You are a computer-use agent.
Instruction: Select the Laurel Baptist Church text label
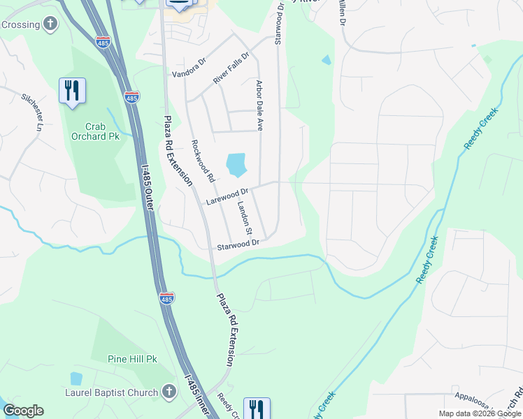click(x=113, y=393)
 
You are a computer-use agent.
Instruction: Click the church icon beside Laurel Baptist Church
click(x=169, y=392)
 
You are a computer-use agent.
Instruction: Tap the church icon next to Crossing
click(x=50, y=24)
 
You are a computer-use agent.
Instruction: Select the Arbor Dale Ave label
click(x=259, y=105)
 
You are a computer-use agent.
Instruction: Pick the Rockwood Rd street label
click(x=203, y=161)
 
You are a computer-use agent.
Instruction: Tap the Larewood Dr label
click(x=228, y=196)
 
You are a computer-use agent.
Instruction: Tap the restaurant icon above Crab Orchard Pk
click(x=72, y=91)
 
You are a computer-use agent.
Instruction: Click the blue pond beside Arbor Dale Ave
click(x=236, y=165)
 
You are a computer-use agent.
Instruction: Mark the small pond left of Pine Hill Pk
click(x=76, y=378)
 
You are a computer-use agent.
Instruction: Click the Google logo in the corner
click(x=23, y=411)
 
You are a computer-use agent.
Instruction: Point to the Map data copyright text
click(x=479, y=413)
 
